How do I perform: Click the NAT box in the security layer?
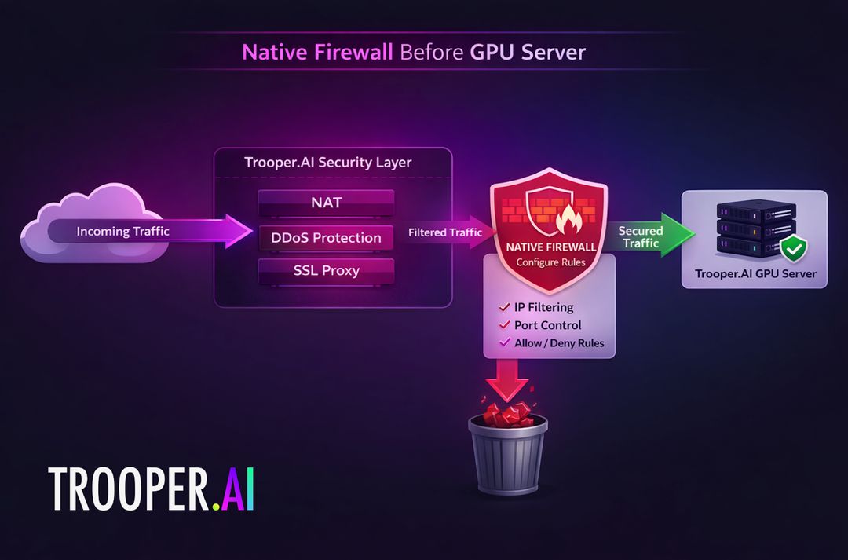326,203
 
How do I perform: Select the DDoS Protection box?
326,237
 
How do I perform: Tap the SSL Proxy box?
326,271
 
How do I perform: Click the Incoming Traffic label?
122,232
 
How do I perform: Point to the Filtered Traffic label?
444,232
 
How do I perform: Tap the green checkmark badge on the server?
794,250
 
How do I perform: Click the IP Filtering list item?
543,307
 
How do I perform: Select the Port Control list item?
547,325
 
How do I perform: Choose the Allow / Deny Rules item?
559,343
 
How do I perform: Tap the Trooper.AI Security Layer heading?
327,163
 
